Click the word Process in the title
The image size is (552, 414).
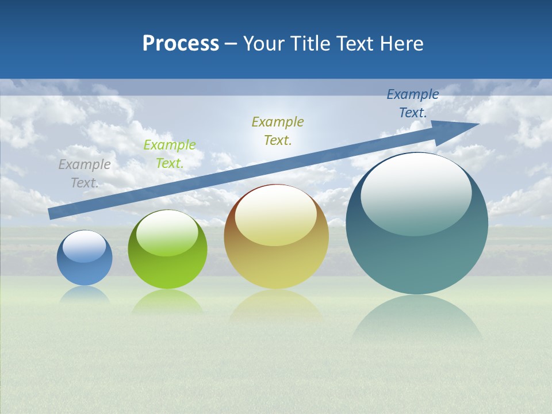[181, 43]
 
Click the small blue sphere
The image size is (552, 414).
[85, 266]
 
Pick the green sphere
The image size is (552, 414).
[167, 264]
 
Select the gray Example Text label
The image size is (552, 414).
[85, 173]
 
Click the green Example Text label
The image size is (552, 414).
[170, 154]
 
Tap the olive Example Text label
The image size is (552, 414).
[278, 131]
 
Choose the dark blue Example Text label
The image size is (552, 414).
[413, 103]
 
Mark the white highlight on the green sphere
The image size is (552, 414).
[167, 232]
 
